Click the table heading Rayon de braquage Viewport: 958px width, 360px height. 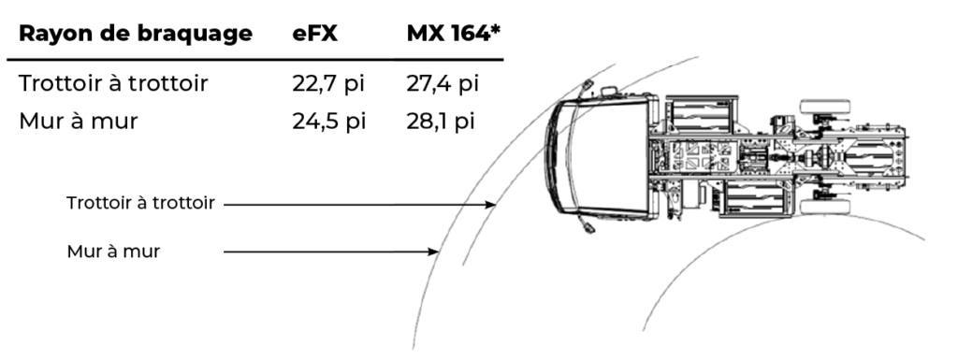point(136,35)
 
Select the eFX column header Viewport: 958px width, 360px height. point(314,34)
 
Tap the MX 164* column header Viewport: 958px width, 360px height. point(454,34)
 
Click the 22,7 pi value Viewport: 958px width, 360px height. point(328,83)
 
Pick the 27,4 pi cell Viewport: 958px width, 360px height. point(443,83)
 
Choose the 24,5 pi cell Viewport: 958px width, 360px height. point(328,122)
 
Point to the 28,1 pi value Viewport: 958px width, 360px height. point(441,122)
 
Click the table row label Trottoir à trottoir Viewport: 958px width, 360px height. point(113,83)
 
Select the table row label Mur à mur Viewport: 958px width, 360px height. point(79,122)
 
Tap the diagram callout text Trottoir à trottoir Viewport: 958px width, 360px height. point(140,203)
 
